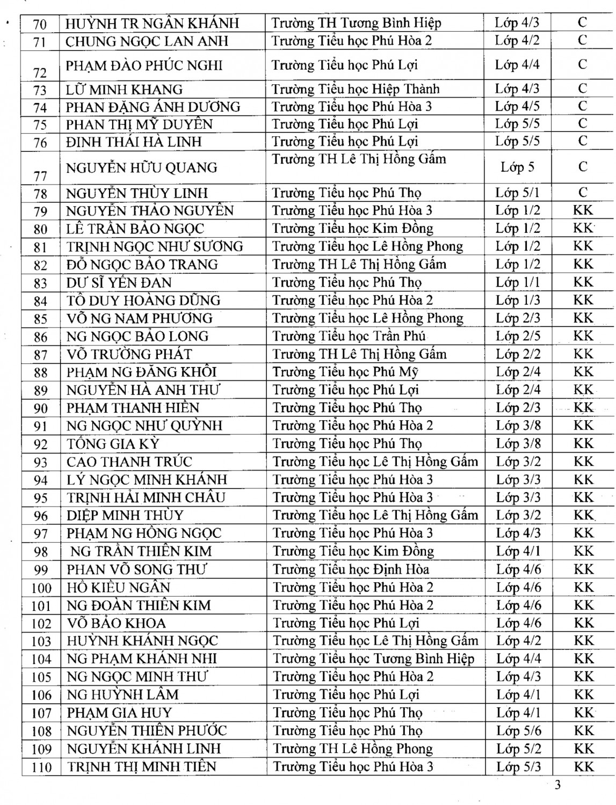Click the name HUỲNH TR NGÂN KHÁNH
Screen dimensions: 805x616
pos(152,23)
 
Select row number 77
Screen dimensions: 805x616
pos(40,175)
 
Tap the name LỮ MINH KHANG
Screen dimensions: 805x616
pos(124,89)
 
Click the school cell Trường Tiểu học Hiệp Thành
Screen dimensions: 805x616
pos(356,89)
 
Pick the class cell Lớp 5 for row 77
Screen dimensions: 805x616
pos(517,167)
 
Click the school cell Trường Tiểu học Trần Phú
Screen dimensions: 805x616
pos(349,336)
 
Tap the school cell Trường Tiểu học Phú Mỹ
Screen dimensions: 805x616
pos(345,372)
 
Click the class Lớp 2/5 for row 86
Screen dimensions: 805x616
pos(518,336)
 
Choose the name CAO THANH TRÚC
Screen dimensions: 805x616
pos(129,462)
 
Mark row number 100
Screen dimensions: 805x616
pos(41,588)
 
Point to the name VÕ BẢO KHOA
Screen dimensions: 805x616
pos(116,623)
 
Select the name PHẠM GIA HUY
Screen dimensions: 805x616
pos(119,713)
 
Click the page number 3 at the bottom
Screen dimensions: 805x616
pos(557,785)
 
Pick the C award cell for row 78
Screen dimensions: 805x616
pos(583,192)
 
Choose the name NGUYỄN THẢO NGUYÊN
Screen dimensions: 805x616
pos(150,210)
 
